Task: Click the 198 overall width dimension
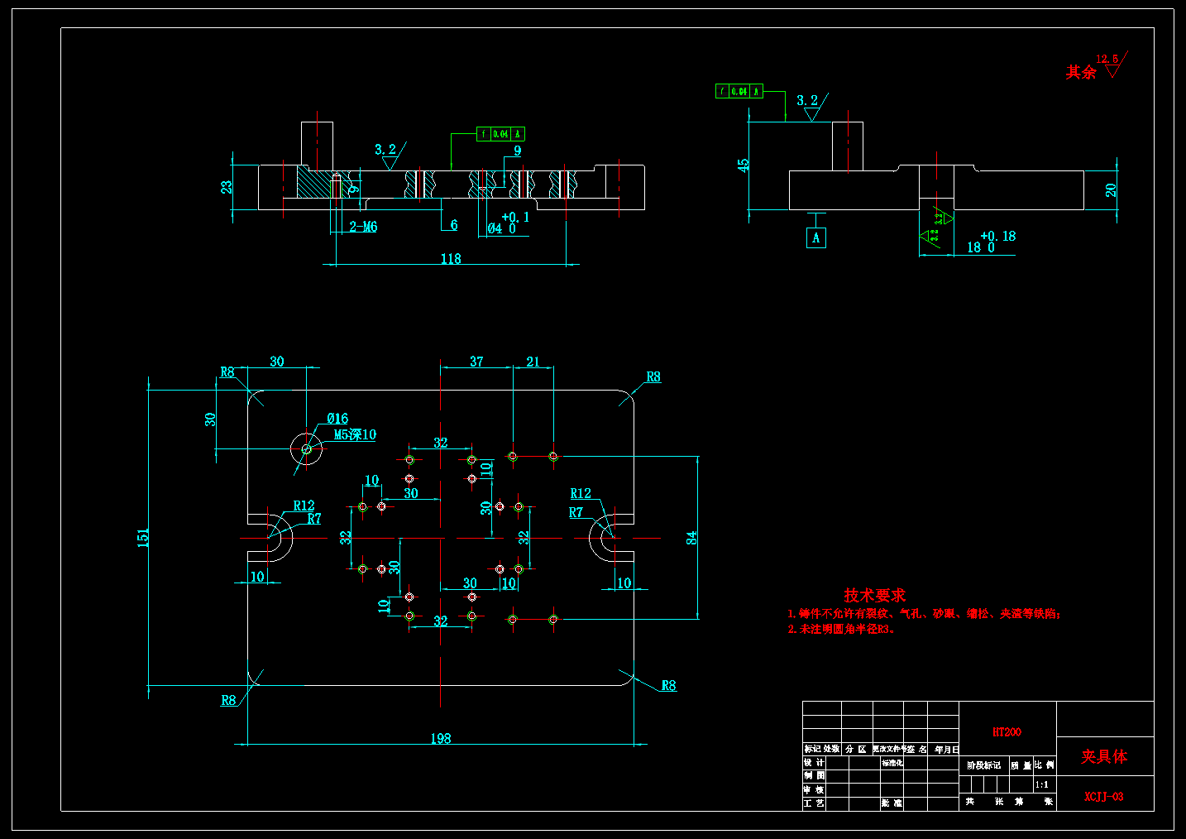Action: point(441,738)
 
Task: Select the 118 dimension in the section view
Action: point(451,259)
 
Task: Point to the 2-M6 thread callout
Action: point(363,227)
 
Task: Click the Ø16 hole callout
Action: point(337,419)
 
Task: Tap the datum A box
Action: point(816,238)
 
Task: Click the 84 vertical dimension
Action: point(691,538)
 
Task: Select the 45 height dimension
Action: point(744,165)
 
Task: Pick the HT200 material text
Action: point(1007,732)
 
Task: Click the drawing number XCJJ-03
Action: point(1104,797)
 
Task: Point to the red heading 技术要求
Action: point(874,595)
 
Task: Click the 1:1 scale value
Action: point(1042,784)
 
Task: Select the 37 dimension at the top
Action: point(476,362)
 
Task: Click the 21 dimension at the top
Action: point(533,362)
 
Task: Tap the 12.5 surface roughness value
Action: point(1107,59)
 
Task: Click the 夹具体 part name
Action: point(1104,756)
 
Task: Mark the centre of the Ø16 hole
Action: point(307,449)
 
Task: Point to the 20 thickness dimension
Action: point(1111,190)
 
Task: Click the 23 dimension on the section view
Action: point(227,187)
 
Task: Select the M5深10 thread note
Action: point(355,434)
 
